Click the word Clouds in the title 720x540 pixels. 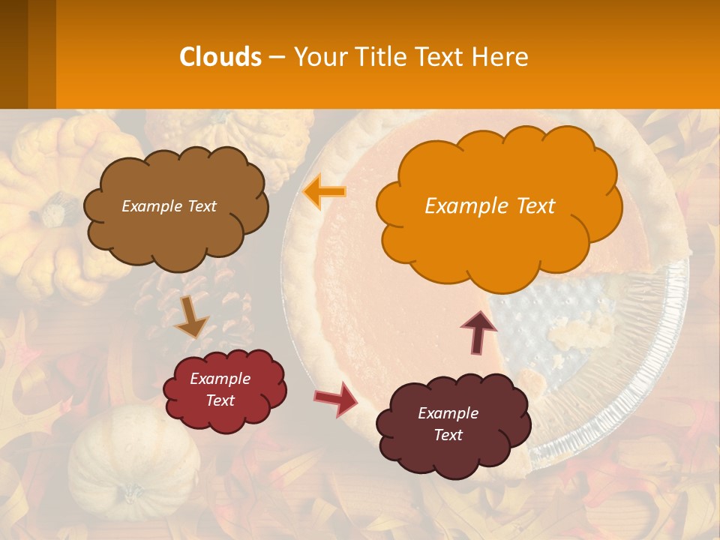(x=220, y=57)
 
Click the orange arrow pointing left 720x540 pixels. (x=325, y=191)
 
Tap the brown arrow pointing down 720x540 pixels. (x=191, y=316)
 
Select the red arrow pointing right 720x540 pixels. (x=336, y=398)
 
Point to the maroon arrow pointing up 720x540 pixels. (x=478, y=331)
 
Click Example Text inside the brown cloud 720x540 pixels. (x=169, y=206)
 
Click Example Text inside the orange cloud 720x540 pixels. (x=490, y=206)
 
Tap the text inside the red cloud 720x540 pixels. (x=220, y=389)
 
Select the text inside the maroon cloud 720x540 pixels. (x=448, y=424)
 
